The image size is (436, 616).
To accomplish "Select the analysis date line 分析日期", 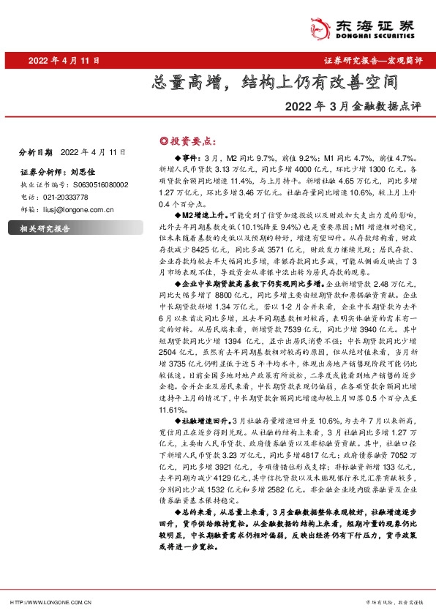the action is pos(72,152).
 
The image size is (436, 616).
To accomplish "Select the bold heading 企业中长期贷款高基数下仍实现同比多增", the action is pos(249,282).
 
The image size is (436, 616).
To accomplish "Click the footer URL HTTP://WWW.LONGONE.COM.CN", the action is pos(50,602).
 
